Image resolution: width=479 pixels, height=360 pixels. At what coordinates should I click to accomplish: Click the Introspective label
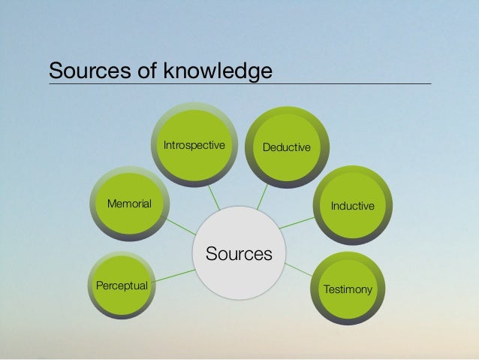(x=194, y=145)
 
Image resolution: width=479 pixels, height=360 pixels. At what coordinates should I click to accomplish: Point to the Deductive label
(x=286, y=147)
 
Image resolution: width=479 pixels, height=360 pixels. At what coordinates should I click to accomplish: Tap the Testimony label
(x=347, y=288)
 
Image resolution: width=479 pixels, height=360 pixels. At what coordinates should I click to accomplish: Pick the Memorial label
(x=129, y=204)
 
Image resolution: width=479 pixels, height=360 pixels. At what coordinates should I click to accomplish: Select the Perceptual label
(x=122, y=286)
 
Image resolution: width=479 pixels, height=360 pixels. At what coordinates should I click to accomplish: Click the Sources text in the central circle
(x=239, y=254)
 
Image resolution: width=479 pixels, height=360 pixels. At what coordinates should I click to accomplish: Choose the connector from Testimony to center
(x=298, y=268)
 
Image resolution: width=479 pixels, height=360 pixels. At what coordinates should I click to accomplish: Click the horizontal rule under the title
(x=240, y=83)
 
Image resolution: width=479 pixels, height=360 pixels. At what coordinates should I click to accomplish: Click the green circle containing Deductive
(x=286, y=128)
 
